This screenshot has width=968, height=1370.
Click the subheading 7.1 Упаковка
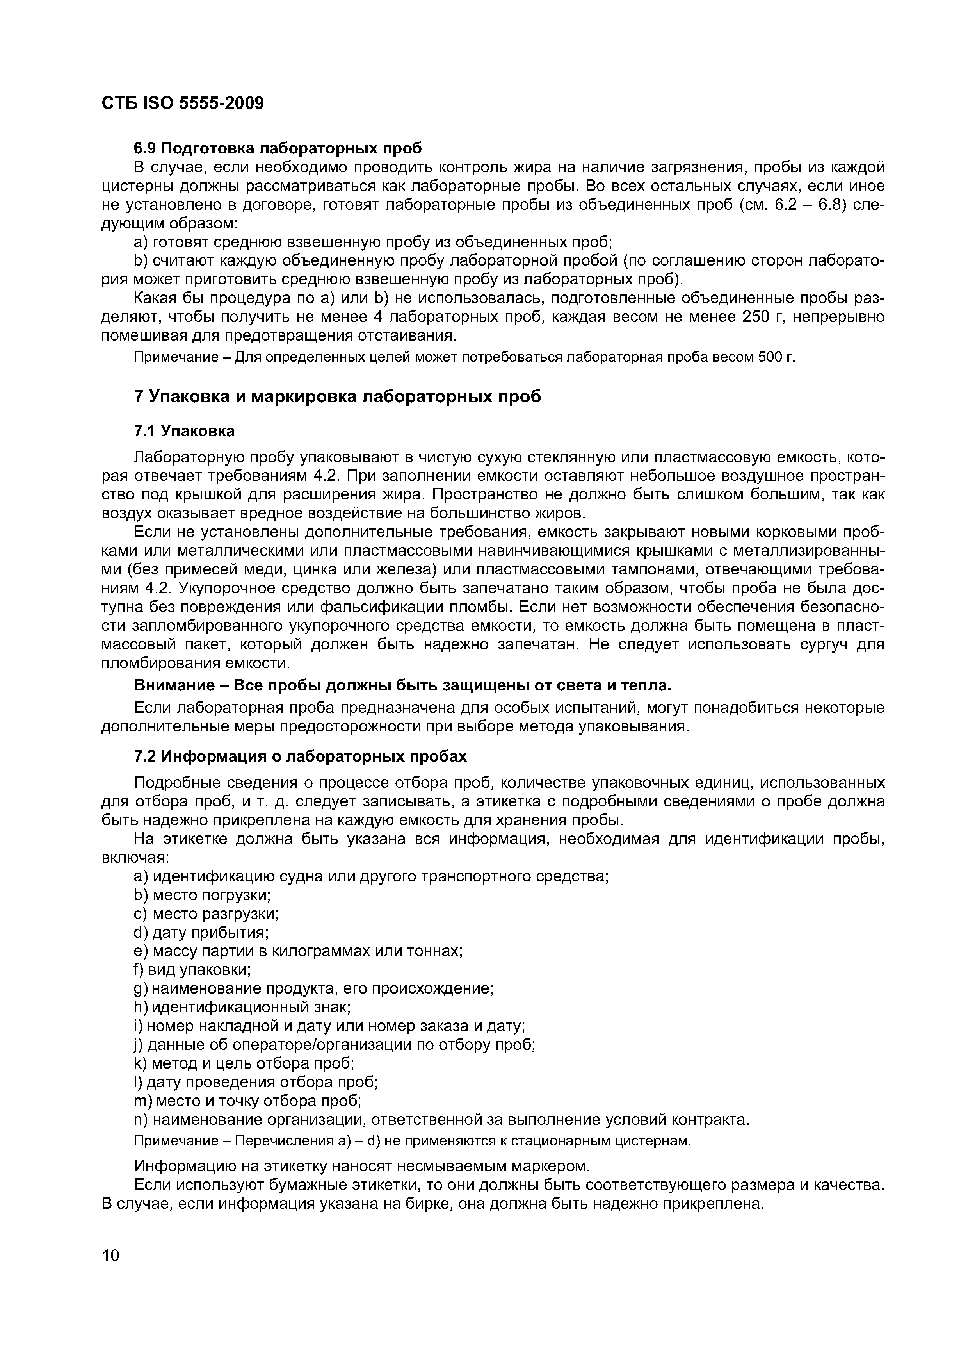[x=184, y=431]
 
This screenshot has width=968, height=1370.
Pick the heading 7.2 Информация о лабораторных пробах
[x=300, y=756]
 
